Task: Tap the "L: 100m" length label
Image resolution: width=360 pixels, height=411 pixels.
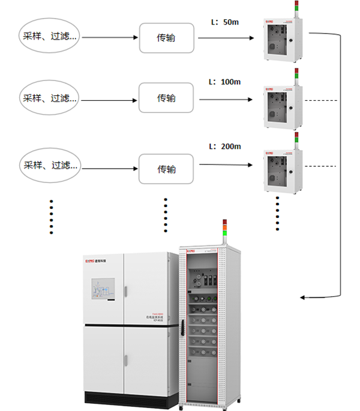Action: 223,81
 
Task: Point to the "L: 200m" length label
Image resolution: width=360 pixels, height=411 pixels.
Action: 224,146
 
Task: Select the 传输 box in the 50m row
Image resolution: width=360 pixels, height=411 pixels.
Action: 166,38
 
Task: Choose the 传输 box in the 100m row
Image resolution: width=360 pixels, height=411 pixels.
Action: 166,98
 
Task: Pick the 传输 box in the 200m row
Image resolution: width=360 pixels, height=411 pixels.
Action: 166,169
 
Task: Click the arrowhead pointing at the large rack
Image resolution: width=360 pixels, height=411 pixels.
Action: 303,297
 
